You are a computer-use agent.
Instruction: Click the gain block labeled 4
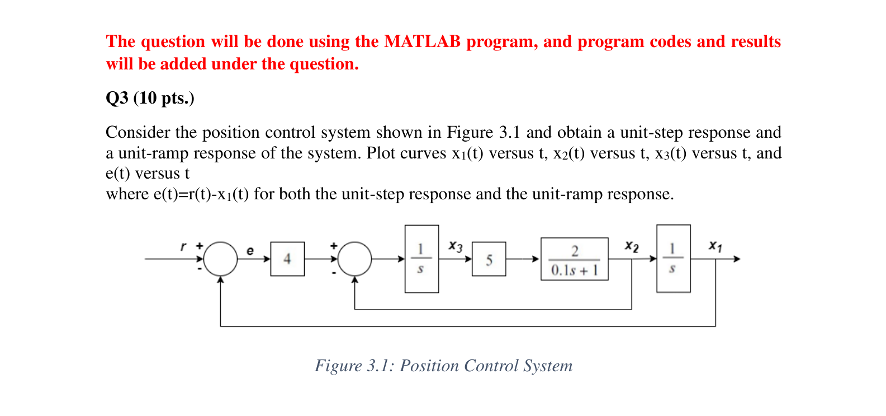click(287, 259)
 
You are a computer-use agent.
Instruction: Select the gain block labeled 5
click(489, 259)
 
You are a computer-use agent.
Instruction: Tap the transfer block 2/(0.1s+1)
click(574, 259)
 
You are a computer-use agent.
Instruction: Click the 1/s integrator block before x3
click(421, 259)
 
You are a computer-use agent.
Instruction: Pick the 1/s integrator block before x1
click(673, 259)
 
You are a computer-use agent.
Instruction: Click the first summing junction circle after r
click(220, 259)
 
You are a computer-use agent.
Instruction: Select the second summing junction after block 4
click(354, 259)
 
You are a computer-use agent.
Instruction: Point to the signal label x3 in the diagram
click(456, 246)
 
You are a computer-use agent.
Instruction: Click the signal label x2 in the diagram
click(632, 246)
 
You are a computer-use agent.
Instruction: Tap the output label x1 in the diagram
click(715, 246)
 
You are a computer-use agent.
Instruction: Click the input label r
click(183, 246)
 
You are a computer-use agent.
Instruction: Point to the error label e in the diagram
click(250, 251)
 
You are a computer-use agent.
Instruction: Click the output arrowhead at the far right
click(737, 259)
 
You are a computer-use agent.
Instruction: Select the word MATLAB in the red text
click(422, 41)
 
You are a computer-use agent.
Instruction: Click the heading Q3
click(117, 98)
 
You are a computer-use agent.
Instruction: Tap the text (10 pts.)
click(164, 98)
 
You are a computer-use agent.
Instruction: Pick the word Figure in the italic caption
click(338, 366)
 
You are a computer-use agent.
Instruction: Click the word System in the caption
click(548, 366)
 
